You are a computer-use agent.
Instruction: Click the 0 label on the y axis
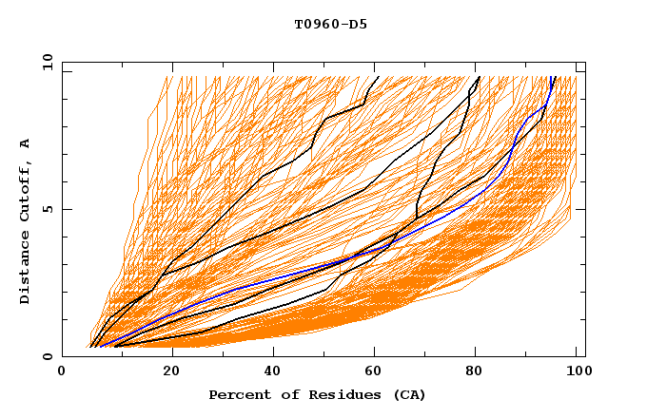[x=48, y=356]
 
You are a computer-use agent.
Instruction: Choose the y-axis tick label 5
[x=48, y=209]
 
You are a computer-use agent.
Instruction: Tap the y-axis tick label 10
[x=45, y=62]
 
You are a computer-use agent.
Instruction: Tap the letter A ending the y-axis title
[x=25, y=142]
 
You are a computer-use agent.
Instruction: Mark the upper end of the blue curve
[x=553, y=77]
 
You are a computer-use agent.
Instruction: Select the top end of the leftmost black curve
[x=378, y=77]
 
